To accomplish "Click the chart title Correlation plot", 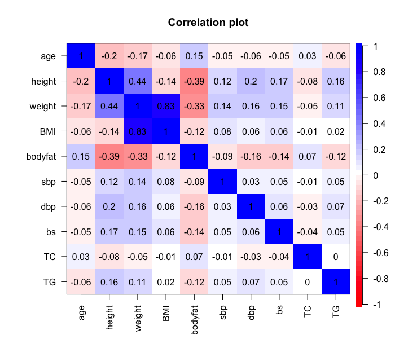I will (208, 23).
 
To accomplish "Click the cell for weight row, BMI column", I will (166, 106).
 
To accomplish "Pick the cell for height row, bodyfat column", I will (194, 81).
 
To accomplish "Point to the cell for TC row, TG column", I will (336, 256).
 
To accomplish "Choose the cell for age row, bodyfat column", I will (194, 56).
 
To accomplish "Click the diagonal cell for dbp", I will (251, 206).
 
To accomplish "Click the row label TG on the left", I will (50, 281).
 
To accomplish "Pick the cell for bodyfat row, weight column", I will (138, 156).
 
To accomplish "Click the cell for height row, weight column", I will (138, 81).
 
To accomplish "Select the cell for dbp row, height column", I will (109, 206).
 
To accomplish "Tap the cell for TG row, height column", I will (109, 281).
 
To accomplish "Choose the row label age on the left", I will (49, 56).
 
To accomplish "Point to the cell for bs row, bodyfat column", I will (194, 231).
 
